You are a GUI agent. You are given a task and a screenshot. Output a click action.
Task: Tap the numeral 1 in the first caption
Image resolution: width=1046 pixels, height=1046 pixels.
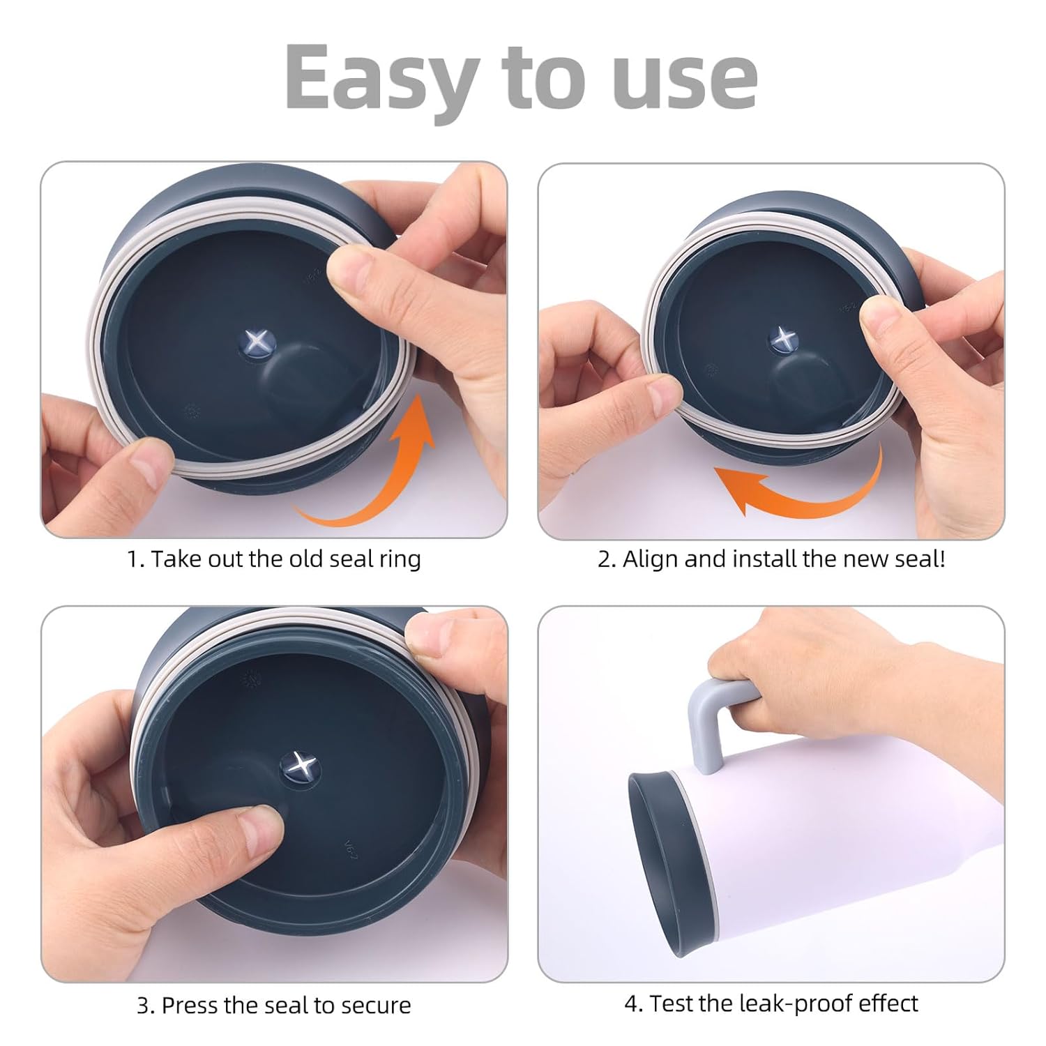(x=132, y=559)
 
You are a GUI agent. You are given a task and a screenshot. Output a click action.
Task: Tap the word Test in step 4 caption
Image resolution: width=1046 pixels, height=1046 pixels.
(x=671, y=1003)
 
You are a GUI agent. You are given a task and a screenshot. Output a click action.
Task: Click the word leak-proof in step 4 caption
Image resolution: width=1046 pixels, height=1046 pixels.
(x=782, y=1004)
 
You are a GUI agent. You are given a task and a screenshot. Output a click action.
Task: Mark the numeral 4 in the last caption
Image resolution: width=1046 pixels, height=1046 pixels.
(x=632, y=1004)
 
